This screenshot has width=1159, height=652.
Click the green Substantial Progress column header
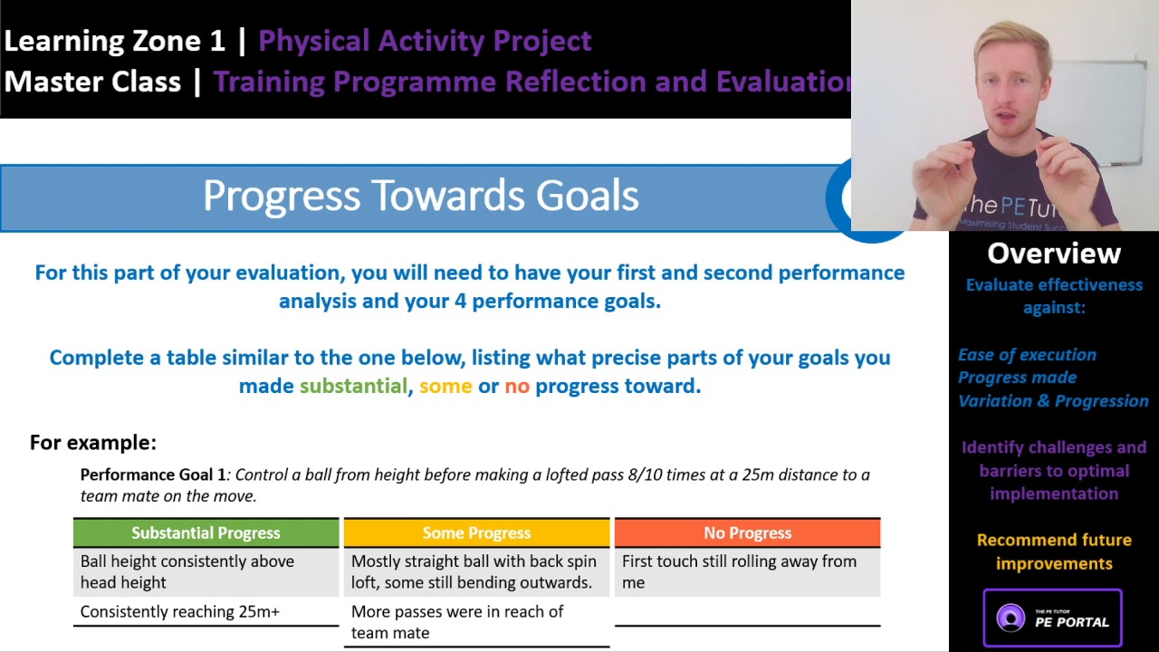pyautogui.click(x=206, y=532)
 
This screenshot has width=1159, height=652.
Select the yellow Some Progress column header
pyautogui.click(x=476, y=532)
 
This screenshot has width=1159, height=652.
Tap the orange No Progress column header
pyautogui.click(x=747, y=532)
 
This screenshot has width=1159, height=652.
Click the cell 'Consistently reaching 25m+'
pyautogui.click(x=180, y=612)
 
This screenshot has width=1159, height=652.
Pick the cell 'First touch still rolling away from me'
pyautogui.click(x=739, y=571)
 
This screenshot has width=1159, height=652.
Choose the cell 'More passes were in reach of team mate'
pyautogui.click(x=457, y=622)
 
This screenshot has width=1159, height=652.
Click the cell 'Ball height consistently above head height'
pyautogui.click(x=187, y=571)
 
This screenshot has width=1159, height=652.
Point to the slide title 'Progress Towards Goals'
pyautogui.click(x=420, y=197)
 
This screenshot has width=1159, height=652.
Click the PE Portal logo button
pyautogui.click(x=1052, y=618)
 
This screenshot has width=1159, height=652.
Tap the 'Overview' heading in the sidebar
pyautogui.click(x=1053, y=254)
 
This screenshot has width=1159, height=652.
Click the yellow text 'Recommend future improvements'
pyautogui.click(x=1054, y=551)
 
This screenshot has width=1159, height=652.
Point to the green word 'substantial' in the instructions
pyautogui.click(x=353, y=386)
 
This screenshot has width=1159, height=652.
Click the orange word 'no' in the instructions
pyautogui.click(x=516, y=386)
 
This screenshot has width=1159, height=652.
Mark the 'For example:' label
pyautogui.click(x=93, y=443)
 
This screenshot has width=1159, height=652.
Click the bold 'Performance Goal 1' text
pyautogui.click(x=153, y=475)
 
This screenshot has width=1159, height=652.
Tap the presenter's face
pyautogui.click(x=1012, y=91)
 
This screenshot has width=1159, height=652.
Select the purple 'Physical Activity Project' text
pyautogui.click(x=425, y=41)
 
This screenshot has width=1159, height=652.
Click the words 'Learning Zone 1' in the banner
pyautogui.click(x=115, y=41)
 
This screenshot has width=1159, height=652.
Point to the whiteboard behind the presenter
pyautogui.click(x=1109, y=109)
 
